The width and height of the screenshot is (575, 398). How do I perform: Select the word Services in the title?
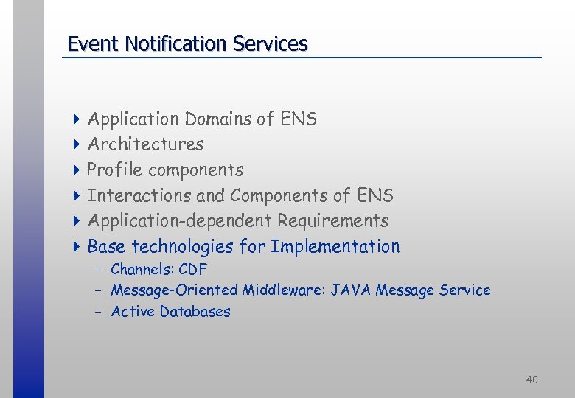click(x=270, y=44)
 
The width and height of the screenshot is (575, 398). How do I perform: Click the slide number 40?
click(x=532, y=380)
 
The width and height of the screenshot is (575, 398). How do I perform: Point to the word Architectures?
click(x=145, y=144)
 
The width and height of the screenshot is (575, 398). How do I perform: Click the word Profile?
click(x=114, y=170)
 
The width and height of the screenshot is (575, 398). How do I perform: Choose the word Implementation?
click(x=335, y=246)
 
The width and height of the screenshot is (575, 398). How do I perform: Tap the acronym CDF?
click(x=192, y=269)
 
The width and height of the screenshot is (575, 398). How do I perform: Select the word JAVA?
click(x=351, y=290)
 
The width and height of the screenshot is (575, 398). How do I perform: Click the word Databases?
click(x=195, y=312)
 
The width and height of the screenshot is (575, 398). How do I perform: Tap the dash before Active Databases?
click(x=97, y=312)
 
